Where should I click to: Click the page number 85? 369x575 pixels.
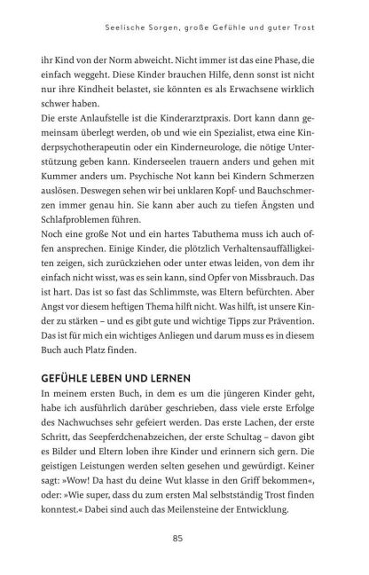pyautogui.click(x=184, y=536)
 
